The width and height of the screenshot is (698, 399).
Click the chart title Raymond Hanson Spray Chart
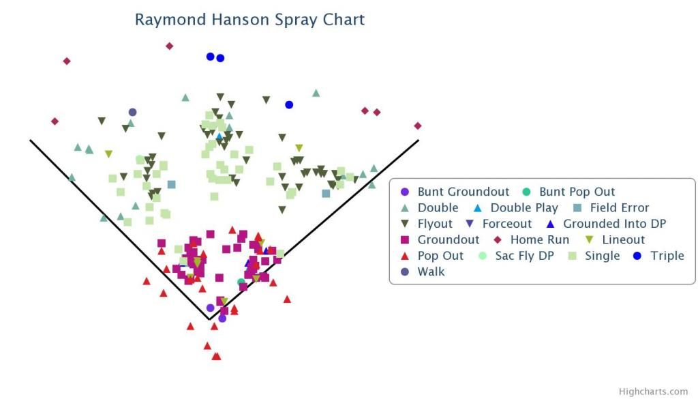coord(249,20)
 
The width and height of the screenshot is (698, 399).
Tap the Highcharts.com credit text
coord(653,391)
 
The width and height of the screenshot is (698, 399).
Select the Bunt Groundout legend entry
coord(455,192)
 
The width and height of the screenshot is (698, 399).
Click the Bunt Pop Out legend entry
coord(568,192)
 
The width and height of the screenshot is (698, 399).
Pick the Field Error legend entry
coord(611,208)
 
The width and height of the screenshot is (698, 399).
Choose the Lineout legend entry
coord(615,240)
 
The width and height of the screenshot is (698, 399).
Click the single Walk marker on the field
coord(132,113)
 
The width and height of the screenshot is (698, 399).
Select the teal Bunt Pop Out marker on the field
coord(241,282)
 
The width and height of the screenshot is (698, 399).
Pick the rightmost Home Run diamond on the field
coord(418,126)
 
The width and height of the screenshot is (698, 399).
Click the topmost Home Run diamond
coord(169,46)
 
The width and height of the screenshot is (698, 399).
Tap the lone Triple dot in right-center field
coord(289,104)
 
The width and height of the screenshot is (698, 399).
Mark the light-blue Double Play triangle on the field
coord(219,136)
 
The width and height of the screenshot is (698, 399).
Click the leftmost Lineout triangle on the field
coord(108,154)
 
